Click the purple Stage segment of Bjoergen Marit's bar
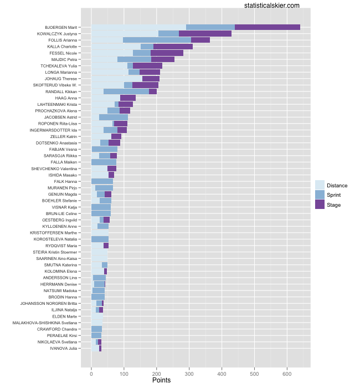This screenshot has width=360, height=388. [267, 27]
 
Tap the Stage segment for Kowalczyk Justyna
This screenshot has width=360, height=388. [205, 33]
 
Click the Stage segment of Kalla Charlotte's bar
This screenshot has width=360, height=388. [173, 47]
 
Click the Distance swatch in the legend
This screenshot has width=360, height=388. [320, 185]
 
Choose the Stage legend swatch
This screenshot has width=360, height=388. [320, 205]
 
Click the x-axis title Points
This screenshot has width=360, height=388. [161, 380]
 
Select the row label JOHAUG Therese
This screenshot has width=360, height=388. [62, 79]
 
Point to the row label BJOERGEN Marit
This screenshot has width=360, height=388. [61, 27]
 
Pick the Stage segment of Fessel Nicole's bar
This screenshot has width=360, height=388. [167, 53]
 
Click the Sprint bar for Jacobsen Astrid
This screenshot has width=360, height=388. [113, 117]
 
